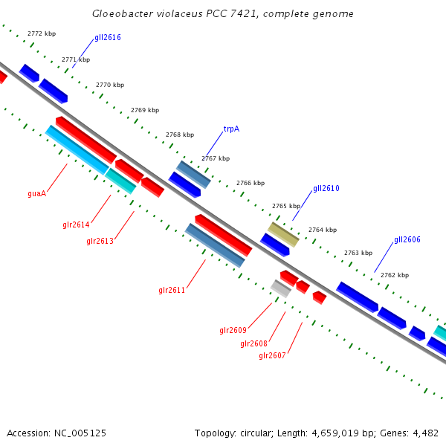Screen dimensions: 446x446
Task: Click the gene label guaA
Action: (37, 193)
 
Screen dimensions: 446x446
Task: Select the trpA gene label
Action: (231, 129)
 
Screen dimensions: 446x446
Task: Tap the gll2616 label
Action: (108, 37)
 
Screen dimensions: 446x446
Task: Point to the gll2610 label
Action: (326, 189)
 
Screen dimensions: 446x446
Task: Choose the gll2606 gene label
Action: (407, 239)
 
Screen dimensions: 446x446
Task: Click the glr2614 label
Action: (76, 224)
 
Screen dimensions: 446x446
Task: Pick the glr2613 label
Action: (100, 241)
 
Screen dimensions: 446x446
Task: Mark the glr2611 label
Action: (172, 290)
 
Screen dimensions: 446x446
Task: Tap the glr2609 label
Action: (233, 330)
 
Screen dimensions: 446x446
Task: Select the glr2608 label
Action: (253, 343)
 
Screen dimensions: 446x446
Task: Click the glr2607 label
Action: (272, 355)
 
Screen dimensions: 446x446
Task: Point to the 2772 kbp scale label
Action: (41, 33)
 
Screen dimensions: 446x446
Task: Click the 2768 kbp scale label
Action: (179, 135)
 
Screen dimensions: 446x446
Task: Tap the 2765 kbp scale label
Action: (285, 206)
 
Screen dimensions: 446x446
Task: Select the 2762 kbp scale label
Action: (394, 275)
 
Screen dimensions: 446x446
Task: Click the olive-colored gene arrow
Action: (283, 234)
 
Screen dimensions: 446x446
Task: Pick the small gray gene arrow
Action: (280, 288)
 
